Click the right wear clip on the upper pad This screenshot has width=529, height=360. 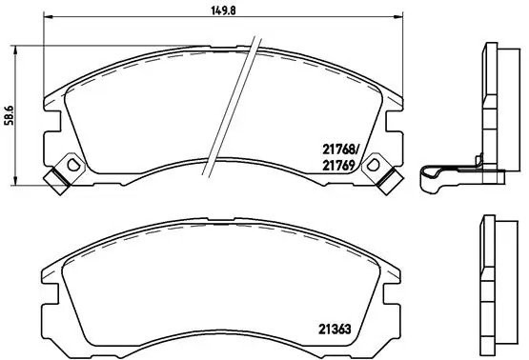pyautogui.click(x=386, y=173)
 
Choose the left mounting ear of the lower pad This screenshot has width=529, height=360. pyautogui.click(x=48, y=287)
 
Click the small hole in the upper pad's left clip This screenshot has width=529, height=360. pyautogui.click(x=60, y=176)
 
